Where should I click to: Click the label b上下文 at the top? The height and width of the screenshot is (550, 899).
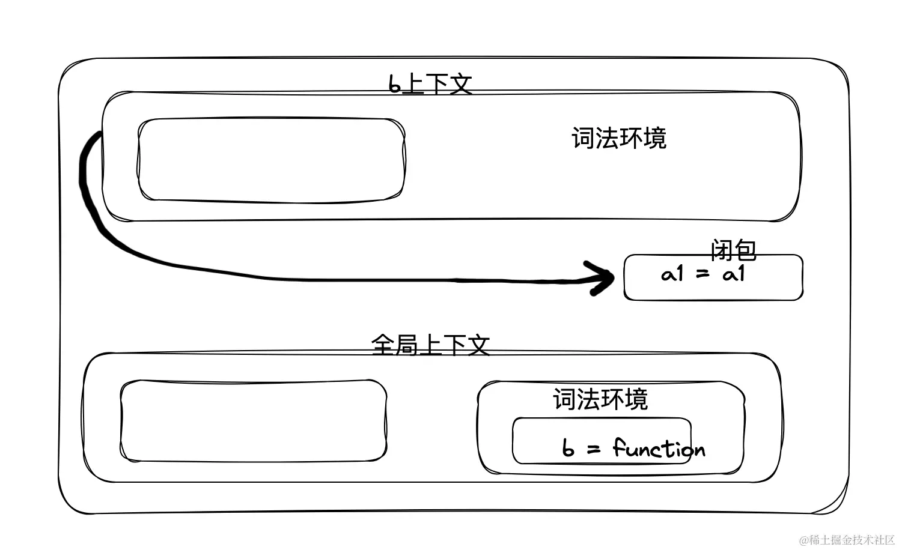tap(430, 84)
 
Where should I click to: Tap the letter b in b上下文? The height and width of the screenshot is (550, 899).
tap(394, 85)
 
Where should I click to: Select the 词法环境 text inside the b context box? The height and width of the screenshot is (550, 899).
tap(618, 138)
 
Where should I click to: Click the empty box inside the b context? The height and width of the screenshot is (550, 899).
tap(271, 160)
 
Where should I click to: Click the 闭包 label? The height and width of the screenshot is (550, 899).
tap(733, 250)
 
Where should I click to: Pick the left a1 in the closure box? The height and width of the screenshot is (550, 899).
tap(672, 274)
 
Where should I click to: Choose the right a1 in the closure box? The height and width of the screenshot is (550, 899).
tap(734, 274)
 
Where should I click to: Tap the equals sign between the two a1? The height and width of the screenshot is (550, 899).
tap(702, 275)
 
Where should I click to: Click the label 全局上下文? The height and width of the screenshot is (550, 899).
tap(430, 345)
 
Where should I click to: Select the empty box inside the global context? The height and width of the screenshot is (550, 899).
tap(253, 421)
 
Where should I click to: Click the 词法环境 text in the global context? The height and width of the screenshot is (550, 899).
tap(600, 399)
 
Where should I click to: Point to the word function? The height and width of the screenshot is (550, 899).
tap(659, 449)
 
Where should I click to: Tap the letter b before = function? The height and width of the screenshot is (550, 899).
tap(568, 448)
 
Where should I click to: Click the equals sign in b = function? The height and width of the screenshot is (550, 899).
tap(594, 449)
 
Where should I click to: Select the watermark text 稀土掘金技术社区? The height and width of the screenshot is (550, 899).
tap(852, 540)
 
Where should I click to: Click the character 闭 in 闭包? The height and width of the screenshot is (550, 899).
tap(721, 250)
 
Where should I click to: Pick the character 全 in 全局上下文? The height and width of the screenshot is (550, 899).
tap(383, 345)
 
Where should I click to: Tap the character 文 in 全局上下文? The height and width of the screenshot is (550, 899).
tap(478, 345)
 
